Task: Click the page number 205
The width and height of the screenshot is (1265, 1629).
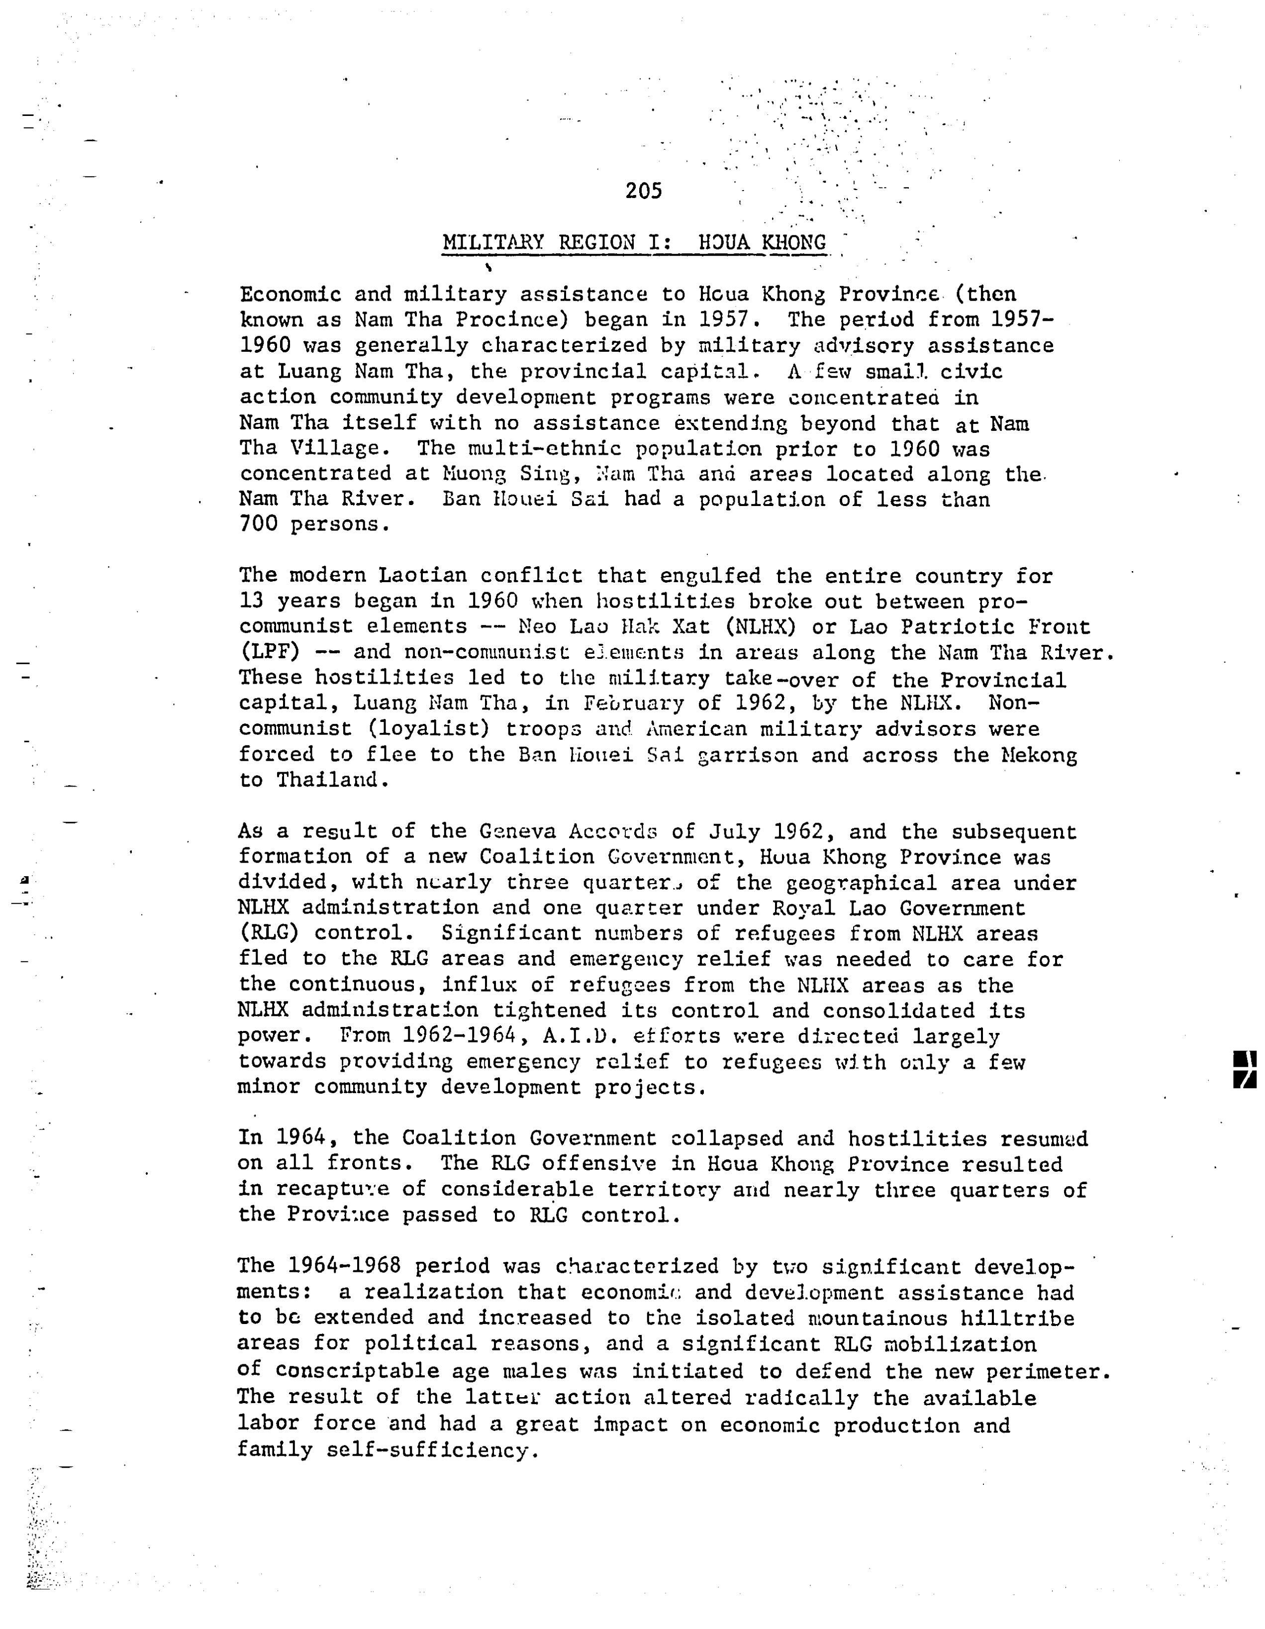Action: click(644, 191)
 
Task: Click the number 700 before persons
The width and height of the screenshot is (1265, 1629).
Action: click(258, 524)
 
